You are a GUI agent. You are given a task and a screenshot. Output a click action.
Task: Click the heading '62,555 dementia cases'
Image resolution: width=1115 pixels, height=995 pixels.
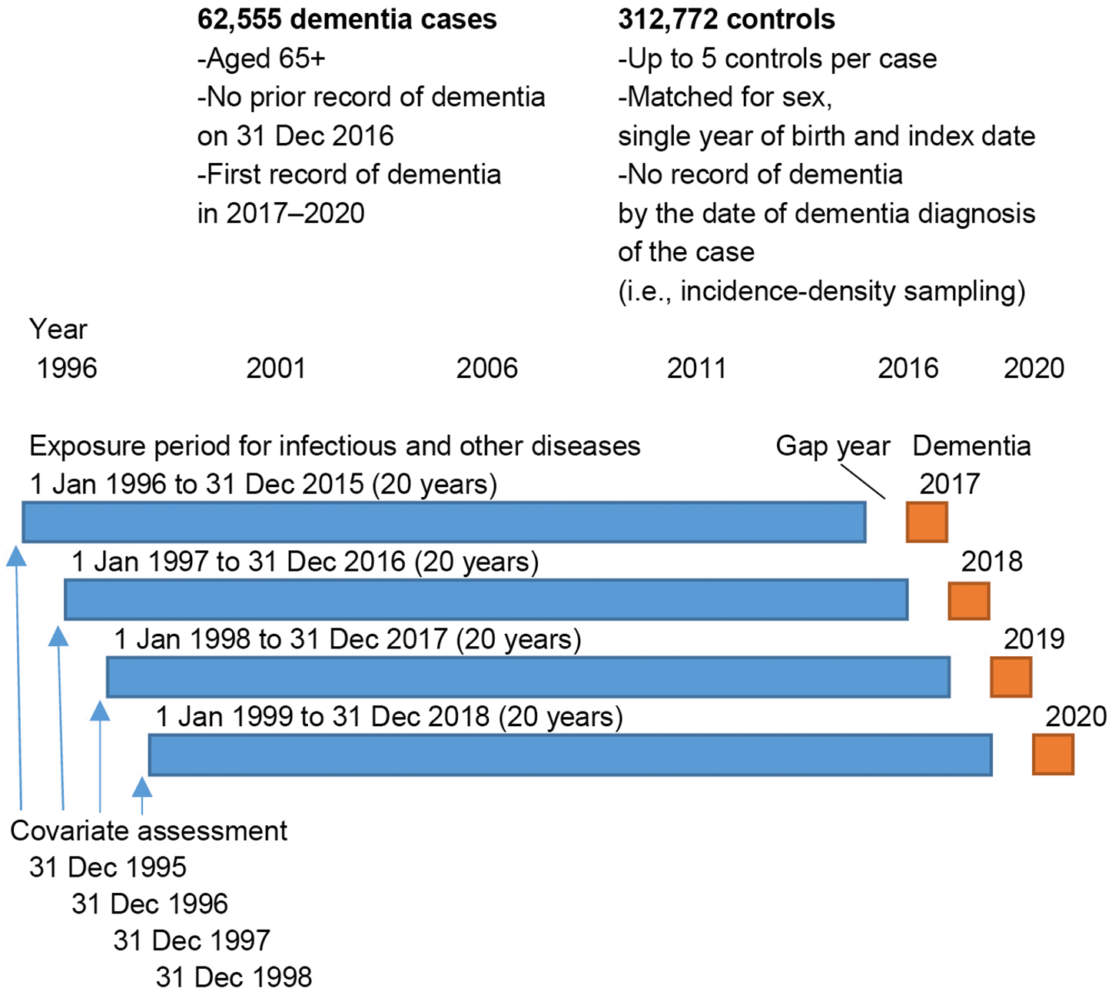coord(347,19)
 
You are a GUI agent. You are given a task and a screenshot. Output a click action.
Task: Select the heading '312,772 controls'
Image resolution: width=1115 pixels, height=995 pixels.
coord(726,19)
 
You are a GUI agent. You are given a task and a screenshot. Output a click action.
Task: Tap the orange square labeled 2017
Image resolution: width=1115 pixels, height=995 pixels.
coord(926,522)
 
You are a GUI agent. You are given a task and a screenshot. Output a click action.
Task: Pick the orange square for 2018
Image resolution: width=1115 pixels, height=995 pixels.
coord(968,600)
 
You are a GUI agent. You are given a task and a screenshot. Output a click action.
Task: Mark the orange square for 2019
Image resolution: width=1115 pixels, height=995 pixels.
coord(1010,677)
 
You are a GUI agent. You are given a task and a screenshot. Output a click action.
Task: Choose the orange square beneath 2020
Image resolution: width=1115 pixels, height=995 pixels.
coord(1052,755)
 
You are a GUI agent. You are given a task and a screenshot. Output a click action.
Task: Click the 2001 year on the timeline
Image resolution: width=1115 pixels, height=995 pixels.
coord(276,369)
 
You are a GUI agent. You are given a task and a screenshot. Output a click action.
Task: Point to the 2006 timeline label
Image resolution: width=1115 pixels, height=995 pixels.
coord(486,369)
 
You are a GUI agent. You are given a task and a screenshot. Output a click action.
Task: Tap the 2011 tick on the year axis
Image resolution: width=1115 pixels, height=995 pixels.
coord(697,369)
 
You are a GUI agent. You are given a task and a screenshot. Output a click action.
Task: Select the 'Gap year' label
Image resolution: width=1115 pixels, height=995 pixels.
coord(833,446)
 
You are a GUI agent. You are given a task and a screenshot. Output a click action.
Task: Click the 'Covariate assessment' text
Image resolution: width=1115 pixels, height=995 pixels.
coord(149,831)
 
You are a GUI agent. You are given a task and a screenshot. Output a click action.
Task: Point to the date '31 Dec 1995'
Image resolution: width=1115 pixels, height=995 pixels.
coord(108,867)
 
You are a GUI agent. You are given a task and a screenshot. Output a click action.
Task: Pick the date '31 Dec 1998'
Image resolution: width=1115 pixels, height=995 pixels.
coord(234,977)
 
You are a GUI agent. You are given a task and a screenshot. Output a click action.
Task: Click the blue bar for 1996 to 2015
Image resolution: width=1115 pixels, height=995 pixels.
coord(444,522)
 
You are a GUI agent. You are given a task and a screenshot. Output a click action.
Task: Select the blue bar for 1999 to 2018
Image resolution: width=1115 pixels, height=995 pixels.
coord(570,755)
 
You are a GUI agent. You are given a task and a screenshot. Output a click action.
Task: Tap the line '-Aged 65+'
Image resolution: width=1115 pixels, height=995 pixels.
coord(261,58)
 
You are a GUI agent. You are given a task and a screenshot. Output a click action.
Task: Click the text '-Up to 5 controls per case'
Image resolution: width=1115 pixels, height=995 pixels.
coord(777,58)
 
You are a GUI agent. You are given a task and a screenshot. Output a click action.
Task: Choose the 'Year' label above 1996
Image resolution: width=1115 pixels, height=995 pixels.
coord(58,330)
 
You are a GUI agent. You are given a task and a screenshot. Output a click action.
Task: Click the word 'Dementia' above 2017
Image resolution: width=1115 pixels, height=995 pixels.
coord(971,446)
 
